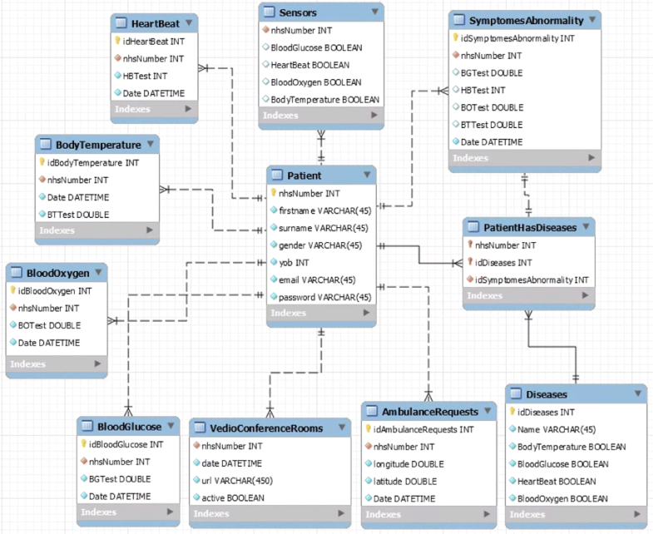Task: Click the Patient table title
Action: [304, 176]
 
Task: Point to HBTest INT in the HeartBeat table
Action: [142, 76]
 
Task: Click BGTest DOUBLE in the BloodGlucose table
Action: [120, 478]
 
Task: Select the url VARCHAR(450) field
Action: [237, 480]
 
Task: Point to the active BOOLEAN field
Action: [233, 497]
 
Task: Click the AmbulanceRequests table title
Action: [431, 412]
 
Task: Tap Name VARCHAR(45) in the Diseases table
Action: [557, 429]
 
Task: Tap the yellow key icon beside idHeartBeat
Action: [117, 41]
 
